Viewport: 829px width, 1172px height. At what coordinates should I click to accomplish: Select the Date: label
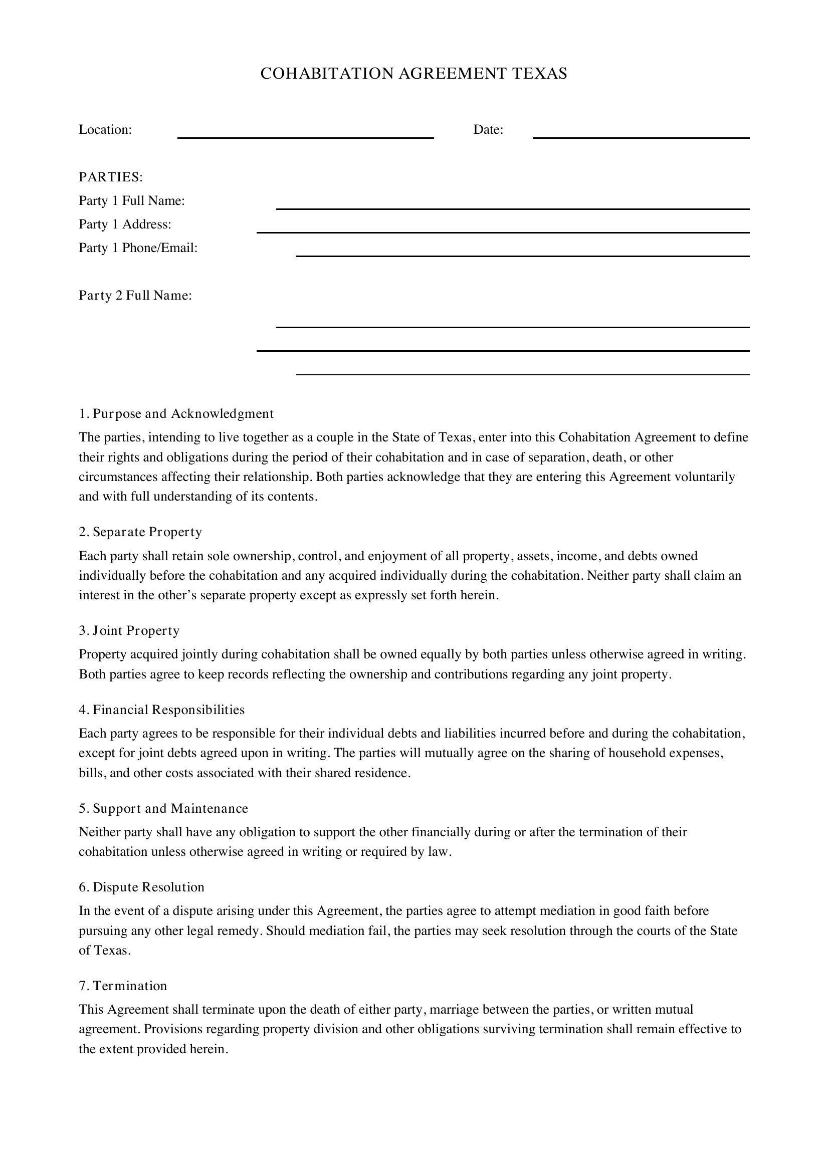click(488, 130)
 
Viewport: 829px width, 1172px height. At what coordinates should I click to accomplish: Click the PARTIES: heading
click(111, 177)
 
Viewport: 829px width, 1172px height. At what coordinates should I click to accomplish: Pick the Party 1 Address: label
click(125, 224)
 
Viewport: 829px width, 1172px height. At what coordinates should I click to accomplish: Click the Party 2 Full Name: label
click(135, 296)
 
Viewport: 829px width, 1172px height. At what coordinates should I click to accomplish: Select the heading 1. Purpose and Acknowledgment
click(176, 413)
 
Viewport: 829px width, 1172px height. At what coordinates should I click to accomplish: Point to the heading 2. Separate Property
click(140, 532)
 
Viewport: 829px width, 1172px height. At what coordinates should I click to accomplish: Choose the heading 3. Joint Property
click(129, 631)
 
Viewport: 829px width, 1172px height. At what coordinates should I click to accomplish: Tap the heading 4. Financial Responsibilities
click(162, 710)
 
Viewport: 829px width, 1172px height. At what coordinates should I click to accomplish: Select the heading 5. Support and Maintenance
click(163, 809)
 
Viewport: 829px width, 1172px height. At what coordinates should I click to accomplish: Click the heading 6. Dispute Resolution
click(141, 887)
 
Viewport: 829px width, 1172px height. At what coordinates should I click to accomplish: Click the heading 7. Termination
click(123, 986)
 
